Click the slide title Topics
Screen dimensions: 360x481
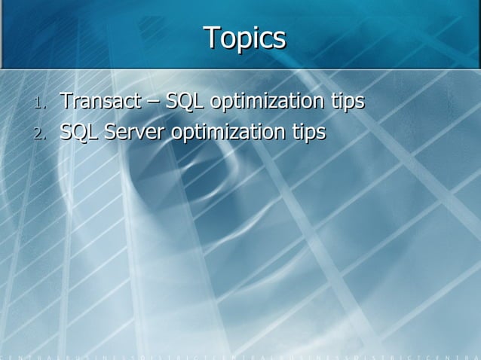[244, 38]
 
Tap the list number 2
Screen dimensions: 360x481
[40, 134]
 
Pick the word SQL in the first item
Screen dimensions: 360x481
[179, 100]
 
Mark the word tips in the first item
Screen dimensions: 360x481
[347, 101]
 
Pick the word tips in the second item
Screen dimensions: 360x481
[308, 133]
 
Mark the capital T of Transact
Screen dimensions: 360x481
[66, 100]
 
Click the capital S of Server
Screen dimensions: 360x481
[111, 132]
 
